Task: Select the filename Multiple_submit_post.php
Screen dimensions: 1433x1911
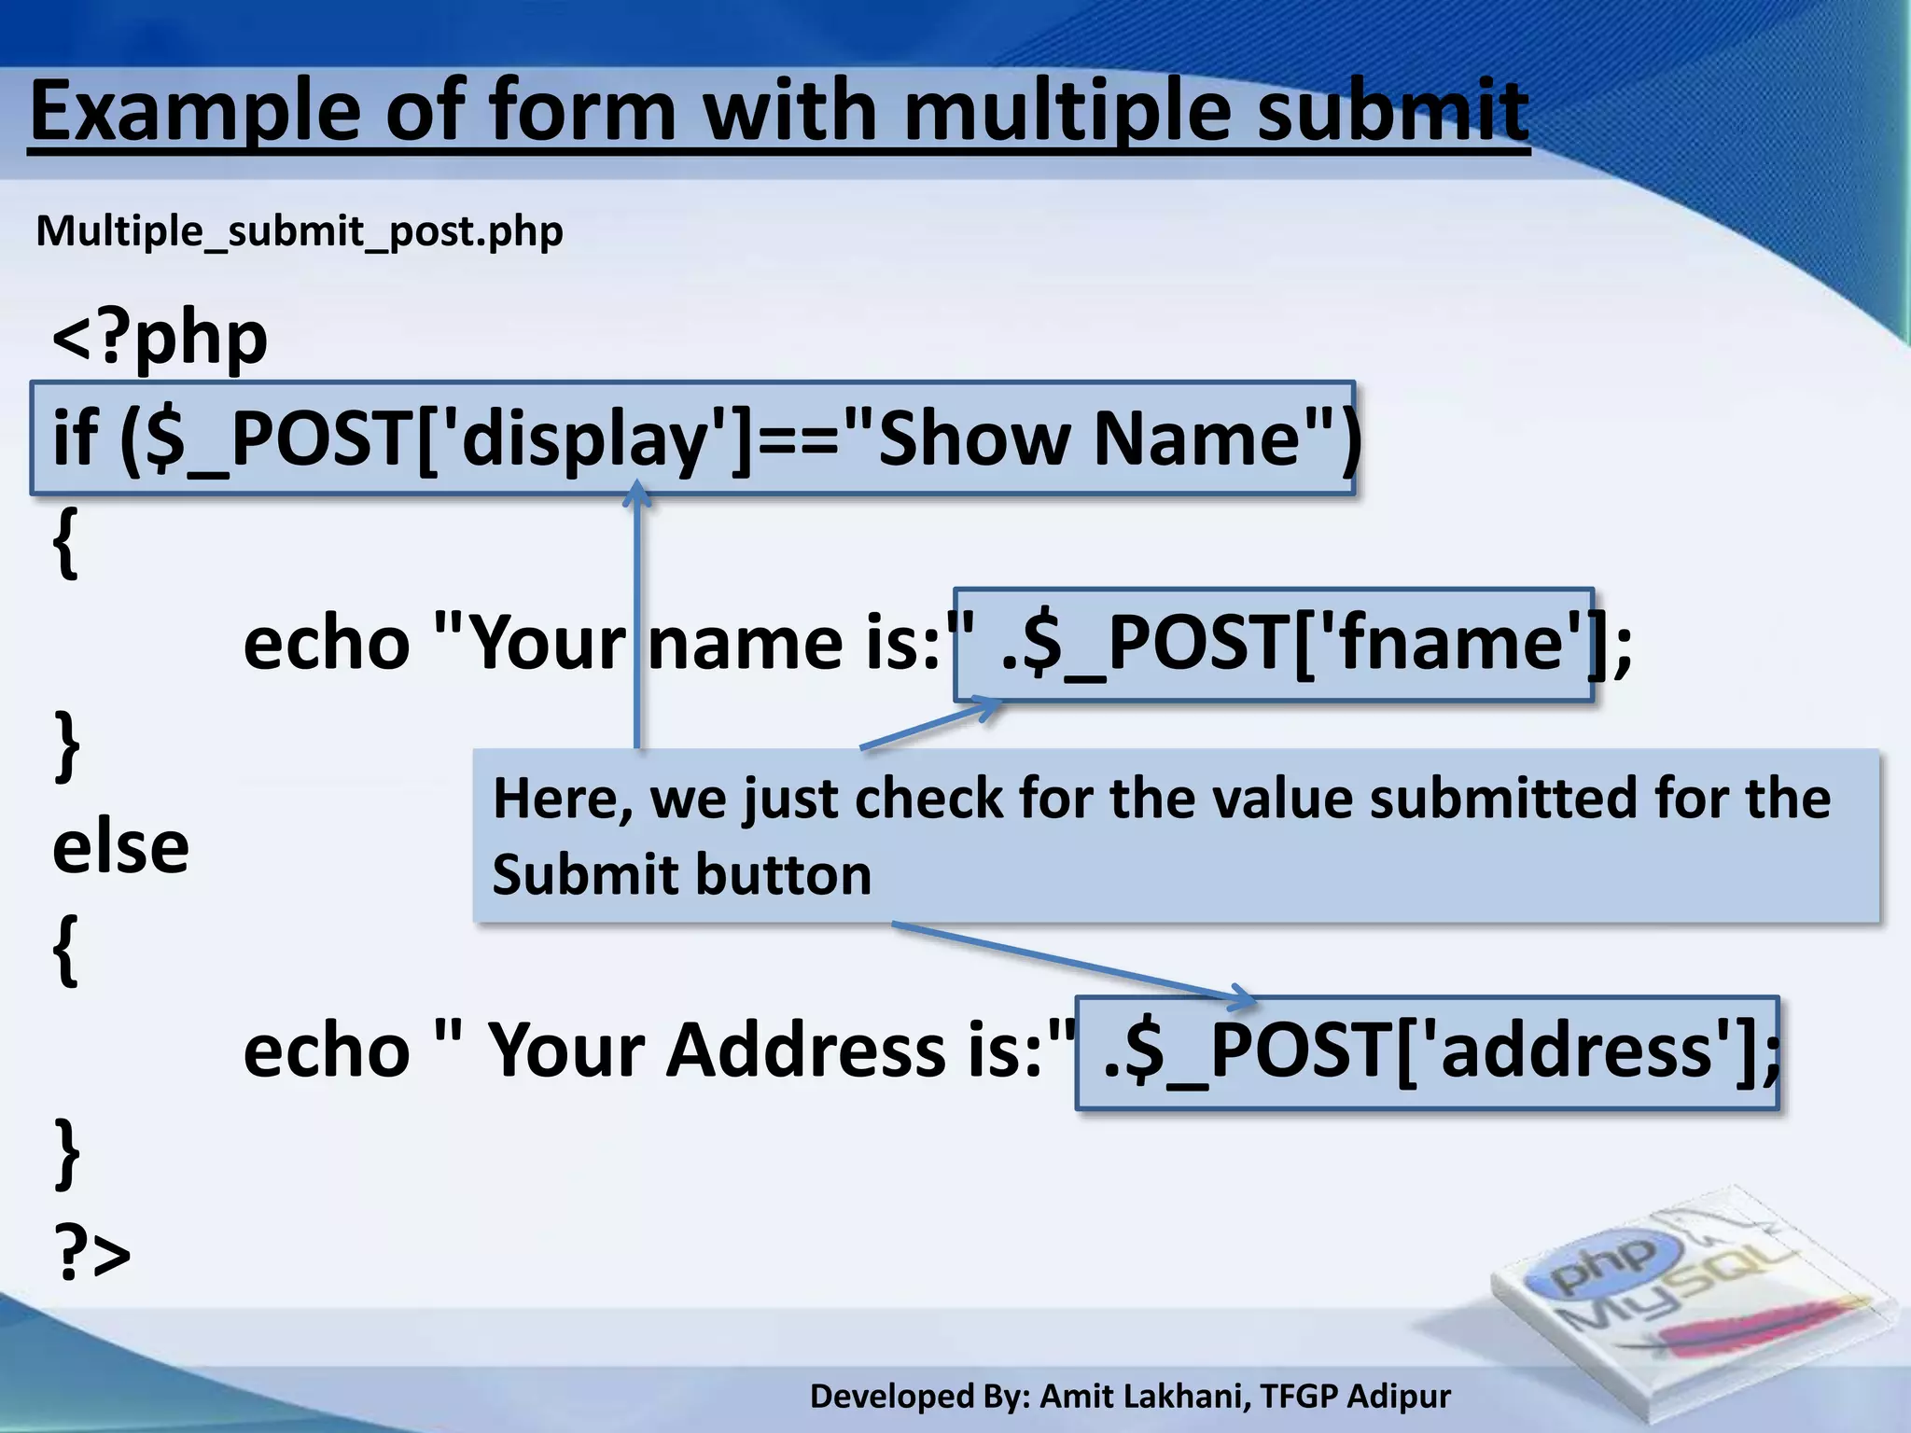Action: (x=300, y=230)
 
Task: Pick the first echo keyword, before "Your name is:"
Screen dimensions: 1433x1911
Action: (x=326, y=644)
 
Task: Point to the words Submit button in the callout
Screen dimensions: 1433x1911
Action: (x=682, y=875)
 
